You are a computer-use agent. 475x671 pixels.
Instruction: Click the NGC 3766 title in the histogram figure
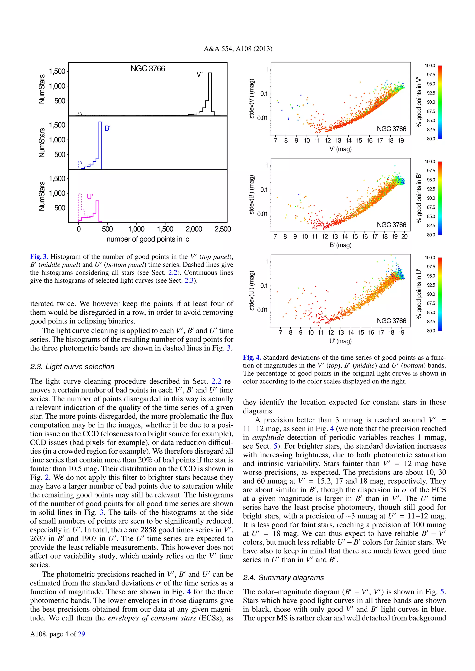coord(148,69)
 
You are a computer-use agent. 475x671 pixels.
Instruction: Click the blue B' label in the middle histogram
coord(107,128)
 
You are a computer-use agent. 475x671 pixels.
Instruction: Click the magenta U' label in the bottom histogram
coord(90,196)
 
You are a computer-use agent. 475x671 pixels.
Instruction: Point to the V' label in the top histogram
coord(199,75)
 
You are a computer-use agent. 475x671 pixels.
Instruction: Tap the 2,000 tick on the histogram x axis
coord(194,229)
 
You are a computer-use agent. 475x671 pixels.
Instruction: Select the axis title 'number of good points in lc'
coord(148,239)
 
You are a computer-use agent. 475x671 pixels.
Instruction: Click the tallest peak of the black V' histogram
coord(210,74)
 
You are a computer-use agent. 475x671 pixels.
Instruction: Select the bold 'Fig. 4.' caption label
coord(252,358)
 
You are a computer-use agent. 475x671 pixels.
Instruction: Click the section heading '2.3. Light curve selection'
coord(72,367)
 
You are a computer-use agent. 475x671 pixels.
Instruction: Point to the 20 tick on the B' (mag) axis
coord(404,236)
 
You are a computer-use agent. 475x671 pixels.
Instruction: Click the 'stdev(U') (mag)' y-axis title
coord(252,291)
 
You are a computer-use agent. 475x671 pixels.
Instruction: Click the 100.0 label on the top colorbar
coord(430,66)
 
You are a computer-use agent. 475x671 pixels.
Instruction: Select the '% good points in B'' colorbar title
coord(419,198)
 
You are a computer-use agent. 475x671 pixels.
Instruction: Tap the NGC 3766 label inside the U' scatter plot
coord(391,321)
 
